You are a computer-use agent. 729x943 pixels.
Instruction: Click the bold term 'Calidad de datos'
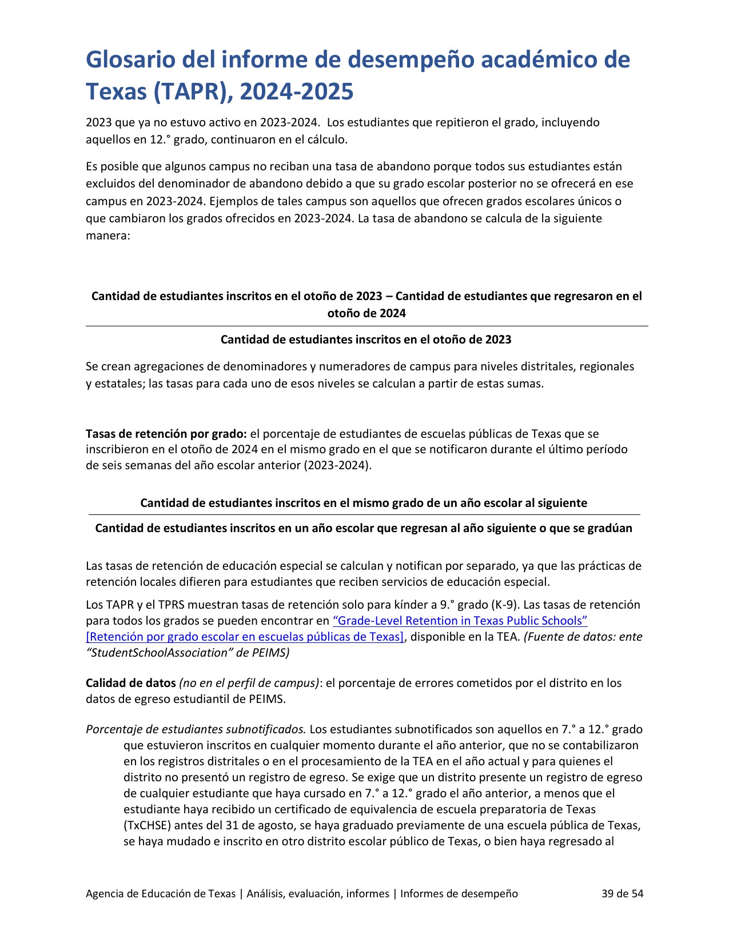130,683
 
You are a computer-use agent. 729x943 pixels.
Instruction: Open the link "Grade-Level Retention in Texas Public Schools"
460,621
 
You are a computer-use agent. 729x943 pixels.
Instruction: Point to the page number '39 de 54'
622,893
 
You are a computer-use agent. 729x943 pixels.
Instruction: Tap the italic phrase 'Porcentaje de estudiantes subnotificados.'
196,729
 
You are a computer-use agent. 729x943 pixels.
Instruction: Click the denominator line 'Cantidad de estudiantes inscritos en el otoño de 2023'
366,339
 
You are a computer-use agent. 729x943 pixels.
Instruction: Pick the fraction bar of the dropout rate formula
367,326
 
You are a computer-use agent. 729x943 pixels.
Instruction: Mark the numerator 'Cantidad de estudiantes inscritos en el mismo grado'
364,503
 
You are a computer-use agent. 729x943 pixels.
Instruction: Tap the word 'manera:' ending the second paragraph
108,235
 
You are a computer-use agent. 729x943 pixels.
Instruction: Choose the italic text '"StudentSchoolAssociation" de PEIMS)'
188,653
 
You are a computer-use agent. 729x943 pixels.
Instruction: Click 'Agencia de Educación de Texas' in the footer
161,893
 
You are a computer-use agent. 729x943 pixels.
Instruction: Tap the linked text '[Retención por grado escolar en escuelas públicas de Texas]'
245,637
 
